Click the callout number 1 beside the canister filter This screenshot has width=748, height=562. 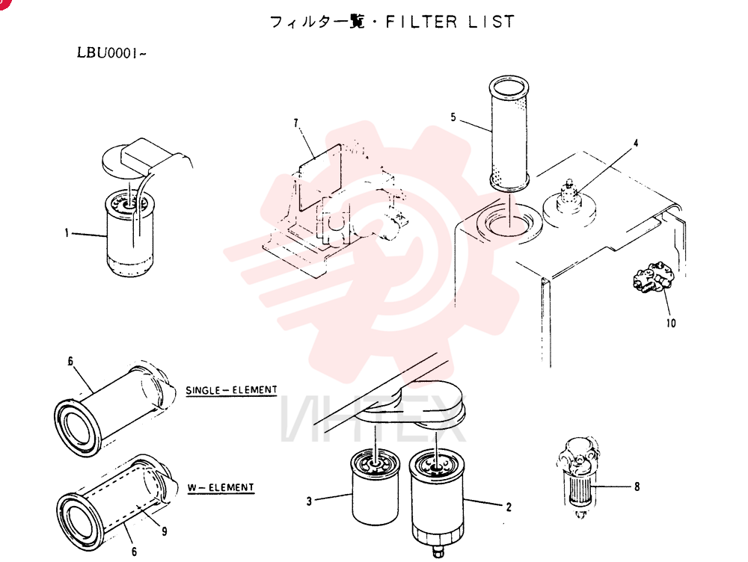pyautogui.click(x=67, y=233)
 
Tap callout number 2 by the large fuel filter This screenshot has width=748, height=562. pyautogui.click(x=509, y=507)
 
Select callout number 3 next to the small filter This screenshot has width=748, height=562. pyautogui.click(x=309, y=501)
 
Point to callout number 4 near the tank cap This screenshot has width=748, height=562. pyautogui.click(x=635, y=143)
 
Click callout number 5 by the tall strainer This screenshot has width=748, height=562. pyautogui.click(x=453, y=117)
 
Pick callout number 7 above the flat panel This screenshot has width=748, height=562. pyautogui.click(x=295, y=123)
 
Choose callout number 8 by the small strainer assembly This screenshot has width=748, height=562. pyautogui.click(x=637, y=487)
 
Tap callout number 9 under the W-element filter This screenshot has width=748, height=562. pyautogui.click(x=164, y=531)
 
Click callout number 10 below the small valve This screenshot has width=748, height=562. pyautogui.click(x=671, y=323)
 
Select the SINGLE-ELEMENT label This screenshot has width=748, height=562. pyautogui.click(x=231, y=390)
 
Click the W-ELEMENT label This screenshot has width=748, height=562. pyautogui.click(x=221, y=487)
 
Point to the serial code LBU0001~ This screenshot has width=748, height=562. pyautogui.click(x=111, y=52)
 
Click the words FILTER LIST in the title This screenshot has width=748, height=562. pyautogui.click(x=450, y=22)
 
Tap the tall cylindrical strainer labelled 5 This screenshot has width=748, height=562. pyautogui.click(x=509, y=132)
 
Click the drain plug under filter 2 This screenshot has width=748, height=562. pyautogui.click(x=438, y=552)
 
